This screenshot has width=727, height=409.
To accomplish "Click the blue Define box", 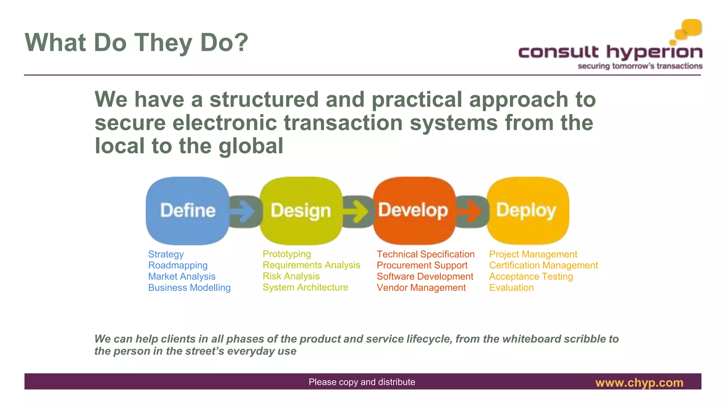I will (x=187, y=211).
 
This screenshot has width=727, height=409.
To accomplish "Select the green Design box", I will (x=301, y=211).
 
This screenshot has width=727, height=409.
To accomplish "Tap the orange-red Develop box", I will (x=414, y=211).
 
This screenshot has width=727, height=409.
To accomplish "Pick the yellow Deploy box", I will (x=528, y=211).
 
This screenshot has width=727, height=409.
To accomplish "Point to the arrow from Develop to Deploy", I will (x=471, y=212).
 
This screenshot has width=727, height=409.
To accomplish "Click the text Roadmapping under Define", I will (x=178, y=265).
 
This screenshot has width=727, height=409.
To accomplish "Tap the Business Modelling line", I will (x=189, y=288).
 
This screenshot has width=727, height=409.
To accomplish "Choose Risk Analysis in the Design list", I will (x=291, y=276).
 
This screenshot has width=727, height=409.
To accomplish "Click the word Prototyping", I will (x=287, y=254).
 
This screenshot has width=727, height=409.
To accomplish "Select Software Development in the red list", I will (x=425, y=276).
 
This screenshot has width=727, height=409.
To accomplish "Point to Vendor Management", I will (x=421, y=288).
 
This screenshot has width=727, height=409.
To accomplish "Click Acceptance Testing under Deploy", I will (x=531, y=276).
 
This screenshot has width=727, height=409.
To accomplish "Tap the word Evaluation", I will (x=511, y=288).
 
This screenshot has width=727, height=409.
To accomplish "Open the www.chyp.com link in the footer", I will (x=639, y=382).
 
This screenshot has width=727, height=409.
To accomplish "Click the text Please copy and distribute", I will (x=362, y=382).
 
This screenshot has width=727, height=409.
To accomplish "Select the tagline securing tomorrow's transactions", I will (x=640, y=66).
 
